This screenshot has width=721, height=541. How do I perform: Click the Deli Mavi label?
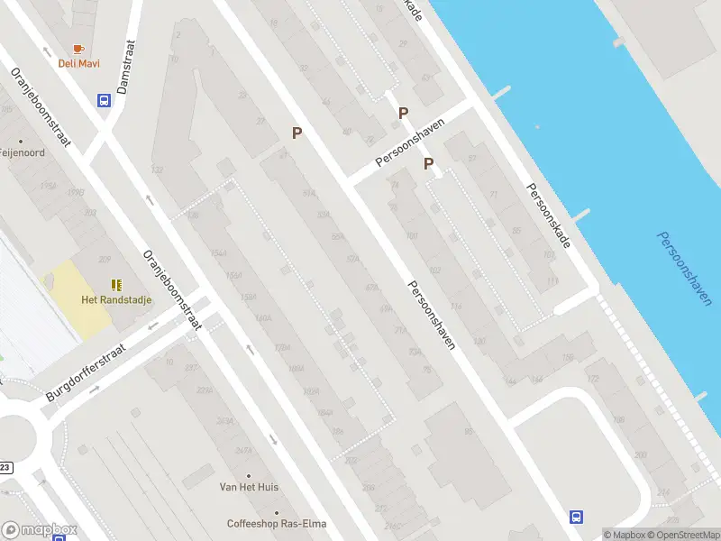[x=79, y=63]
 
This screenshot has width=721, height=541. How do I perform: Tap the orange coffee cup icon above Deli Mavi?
[x=79, y=49]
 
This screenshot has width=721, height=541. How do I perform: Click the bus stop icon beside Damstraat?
[x=105, y=101]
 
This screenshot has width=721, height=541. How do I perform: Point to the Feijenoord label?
[x=23, y=153]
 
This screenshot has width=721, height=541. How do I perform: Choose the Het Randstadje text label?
[x=116, y=300]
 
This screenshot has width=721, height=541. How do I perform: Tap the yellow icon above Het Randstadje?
[x=116, y=285]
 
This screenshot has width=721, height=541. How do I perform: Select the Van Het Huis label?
[x=249, y=487]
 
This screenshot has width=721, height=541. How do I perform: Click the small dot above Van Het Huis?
[x=249, y=475]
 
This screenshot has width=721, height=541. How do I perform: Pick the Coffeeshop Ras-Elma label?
[x=276, y=524]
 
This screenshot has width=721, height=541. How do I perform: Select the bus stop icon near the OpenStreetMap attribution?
[x=576, y=517]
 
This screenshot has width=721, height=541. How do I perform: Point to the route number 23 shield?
[x=6, y=467]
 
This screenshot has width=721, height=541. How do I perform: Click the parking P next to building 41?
[x=296, y=133]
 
